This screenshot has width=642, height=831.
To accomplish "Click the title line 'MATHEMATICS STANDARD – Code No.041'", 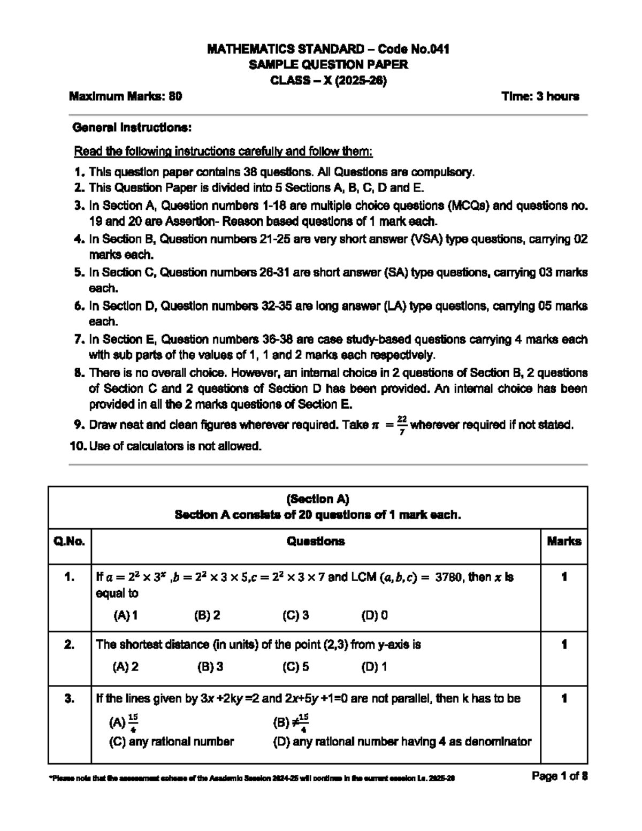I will point(328,49).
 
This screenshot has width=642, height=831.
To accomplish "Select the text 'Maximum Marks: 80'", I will point(125,96).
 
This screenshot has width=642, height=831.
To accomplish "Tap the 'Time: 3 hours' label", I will point(540,96).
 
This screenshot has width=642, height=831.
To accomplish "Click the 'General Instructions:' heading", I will point(132,128).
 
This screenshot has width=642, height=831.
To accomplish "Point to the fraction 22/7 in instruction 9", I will point(402,425).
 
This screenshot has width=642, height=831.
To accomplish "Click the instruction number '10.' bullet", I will point(78,446).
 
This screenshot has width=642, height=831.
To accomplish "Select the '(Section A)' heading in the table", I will point(318,499).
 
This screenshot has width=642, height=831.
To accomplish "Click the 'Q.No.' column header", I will point(70,542).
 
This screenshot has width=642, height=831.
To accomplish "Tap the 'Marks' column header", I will point(564,542).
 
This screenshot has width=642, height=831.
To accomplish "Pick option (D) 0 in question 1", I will point(374,615).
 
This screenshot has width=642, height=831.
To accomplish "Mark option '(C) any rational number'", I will point(171,742).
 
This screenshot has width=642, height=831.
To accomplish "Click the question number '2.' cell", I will point(70,645).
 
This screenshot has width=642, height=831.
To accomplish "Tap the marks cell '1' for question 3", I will point(564,699).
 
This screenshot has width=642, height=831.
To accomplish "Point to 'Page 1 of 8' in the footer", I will point(560,776).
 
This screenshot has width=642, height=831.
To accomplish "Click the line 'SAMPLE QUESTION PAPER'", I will point(328,65).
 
